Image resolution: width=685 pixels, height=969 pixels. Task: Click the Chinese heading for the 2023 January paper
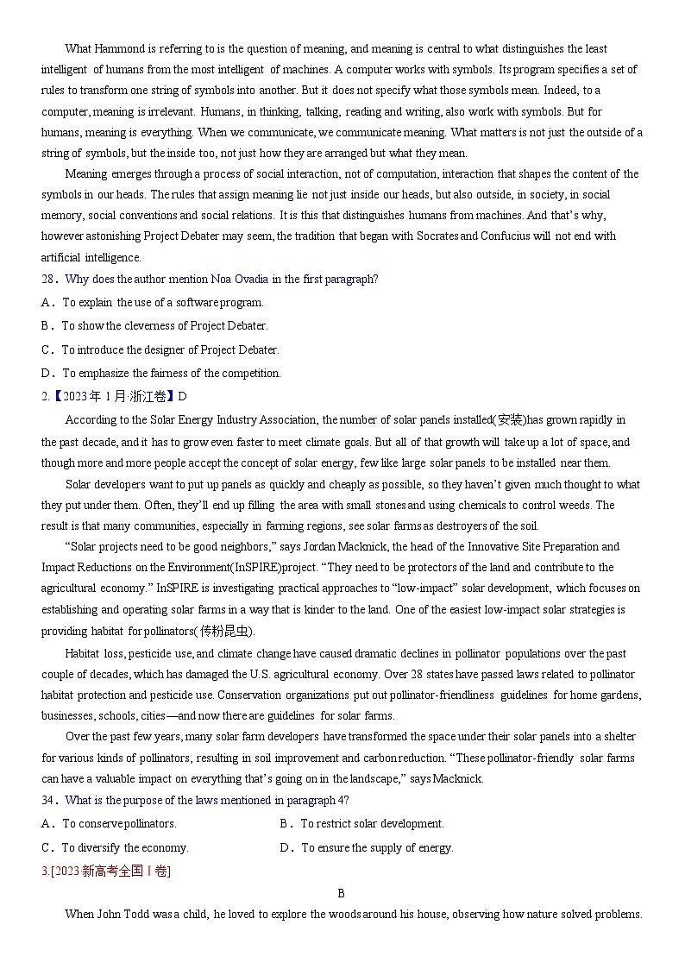coord(112,397)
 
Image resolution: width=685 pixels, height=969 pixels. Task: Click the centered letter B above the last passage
coord(342,894)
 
